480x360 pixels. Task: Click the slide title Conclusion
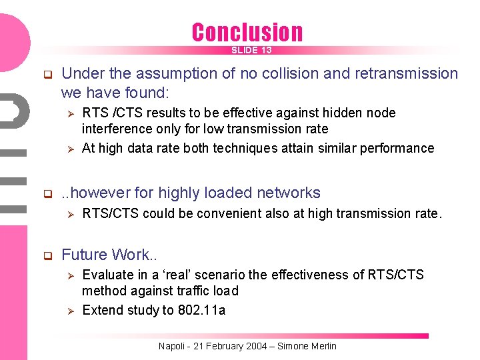(247, 32)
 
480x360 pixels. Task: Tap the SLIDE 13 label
(251, 51)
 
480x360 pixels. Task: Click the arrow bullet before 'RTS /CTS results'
(67, 113)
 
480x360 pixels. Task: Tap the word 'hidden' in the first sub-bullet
(329, 113)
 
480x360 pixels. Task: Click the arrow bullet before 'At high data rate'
(67, 149)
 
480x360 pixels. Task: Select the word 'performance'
(397, 149)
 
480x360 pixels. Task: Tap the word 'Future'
(85, 255)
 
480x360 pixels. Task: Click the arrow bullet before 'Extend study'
(67, 311)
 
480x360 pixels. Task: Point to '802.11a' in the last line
(201, 310)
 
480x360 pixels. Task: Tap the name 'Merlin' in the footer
(323, 346)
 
